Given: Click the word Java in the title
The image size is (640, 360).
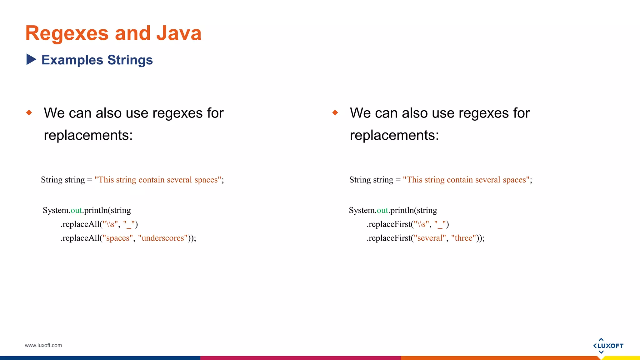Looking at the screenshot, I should click(x=179, y=33).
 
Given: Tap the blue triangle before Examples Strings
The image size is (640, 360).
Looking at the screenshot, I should click(x=31, y=59).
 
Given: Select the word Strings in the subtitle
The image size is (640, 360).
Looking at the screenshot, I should click(x=130, y=60).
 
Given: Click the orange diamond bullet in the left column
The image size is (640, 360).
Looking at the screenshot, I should click(x=29, y=112).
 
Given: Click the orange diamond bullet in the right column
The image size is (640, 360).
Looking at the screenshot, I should click(x=335, y=112).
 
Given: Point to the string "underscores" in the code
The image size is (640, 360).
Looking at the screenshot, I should click(x=163, y=238).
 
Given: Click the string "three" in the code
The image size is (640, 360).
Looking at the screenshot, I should click(x=463, y=238).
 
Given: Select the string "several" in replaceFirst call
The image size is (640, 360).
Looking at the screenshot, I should click(x=430, y=238).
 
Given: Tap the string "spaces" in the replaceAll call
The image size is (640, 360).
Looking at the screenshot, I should click(x=118, y=238).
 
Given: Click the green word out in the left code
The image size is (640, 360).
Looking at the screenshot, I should click(x=76, y=210).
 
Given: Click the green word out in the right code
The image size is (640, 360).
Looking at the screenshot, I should click(x=382, y=210).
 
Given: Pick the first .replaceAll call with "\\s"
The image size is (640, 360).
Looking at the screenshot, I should click(x=99, y=224).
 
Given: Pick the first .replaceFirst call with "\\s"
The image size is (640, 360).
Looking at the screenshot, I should click(x=407, y=224).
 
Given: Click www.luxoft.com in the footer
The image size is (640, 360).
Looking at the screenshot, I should click(x=43, y=345).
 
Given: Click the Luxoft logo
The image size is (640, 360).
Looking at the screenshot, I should click(x=608, y=346).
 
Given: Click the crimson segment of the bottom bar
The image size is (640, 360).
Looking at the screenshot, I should click(x=300, y=358).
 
